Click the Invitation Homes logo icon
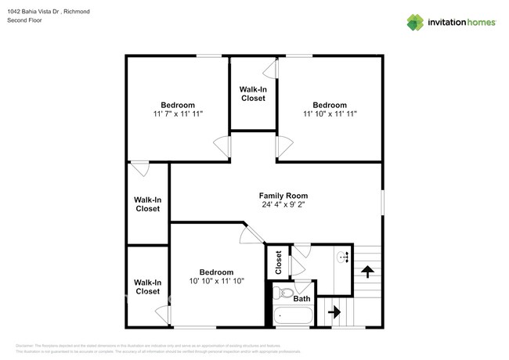point(415,22)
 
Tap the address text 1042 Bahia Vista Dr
point(38,11)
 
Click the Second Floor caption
point(24,20)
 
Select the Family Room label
point(283,196)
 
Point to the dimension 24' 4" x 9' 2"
point(283,205)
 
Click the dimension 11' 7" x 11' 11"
point(178,114)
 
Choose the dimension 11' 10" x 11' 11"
point(330,114)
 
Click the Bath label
point(301,298)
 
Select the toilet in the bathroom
point(282,293)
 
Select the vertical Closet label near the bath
point(278,262)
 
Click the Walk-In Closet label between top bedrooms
point(252,94)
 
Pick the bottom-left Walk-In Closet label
point(147,286)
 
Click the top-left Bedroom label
point(178,105)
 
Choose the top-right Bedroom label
point(330,105)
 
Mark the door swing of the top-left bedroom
point(222,144)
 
